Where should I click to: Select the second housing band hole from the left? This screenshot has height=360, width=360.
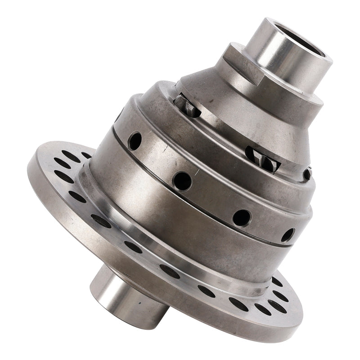click(x=182, y=180)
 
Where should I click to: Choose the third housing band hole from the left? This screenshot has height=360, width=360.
click(x=242, y=218)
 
